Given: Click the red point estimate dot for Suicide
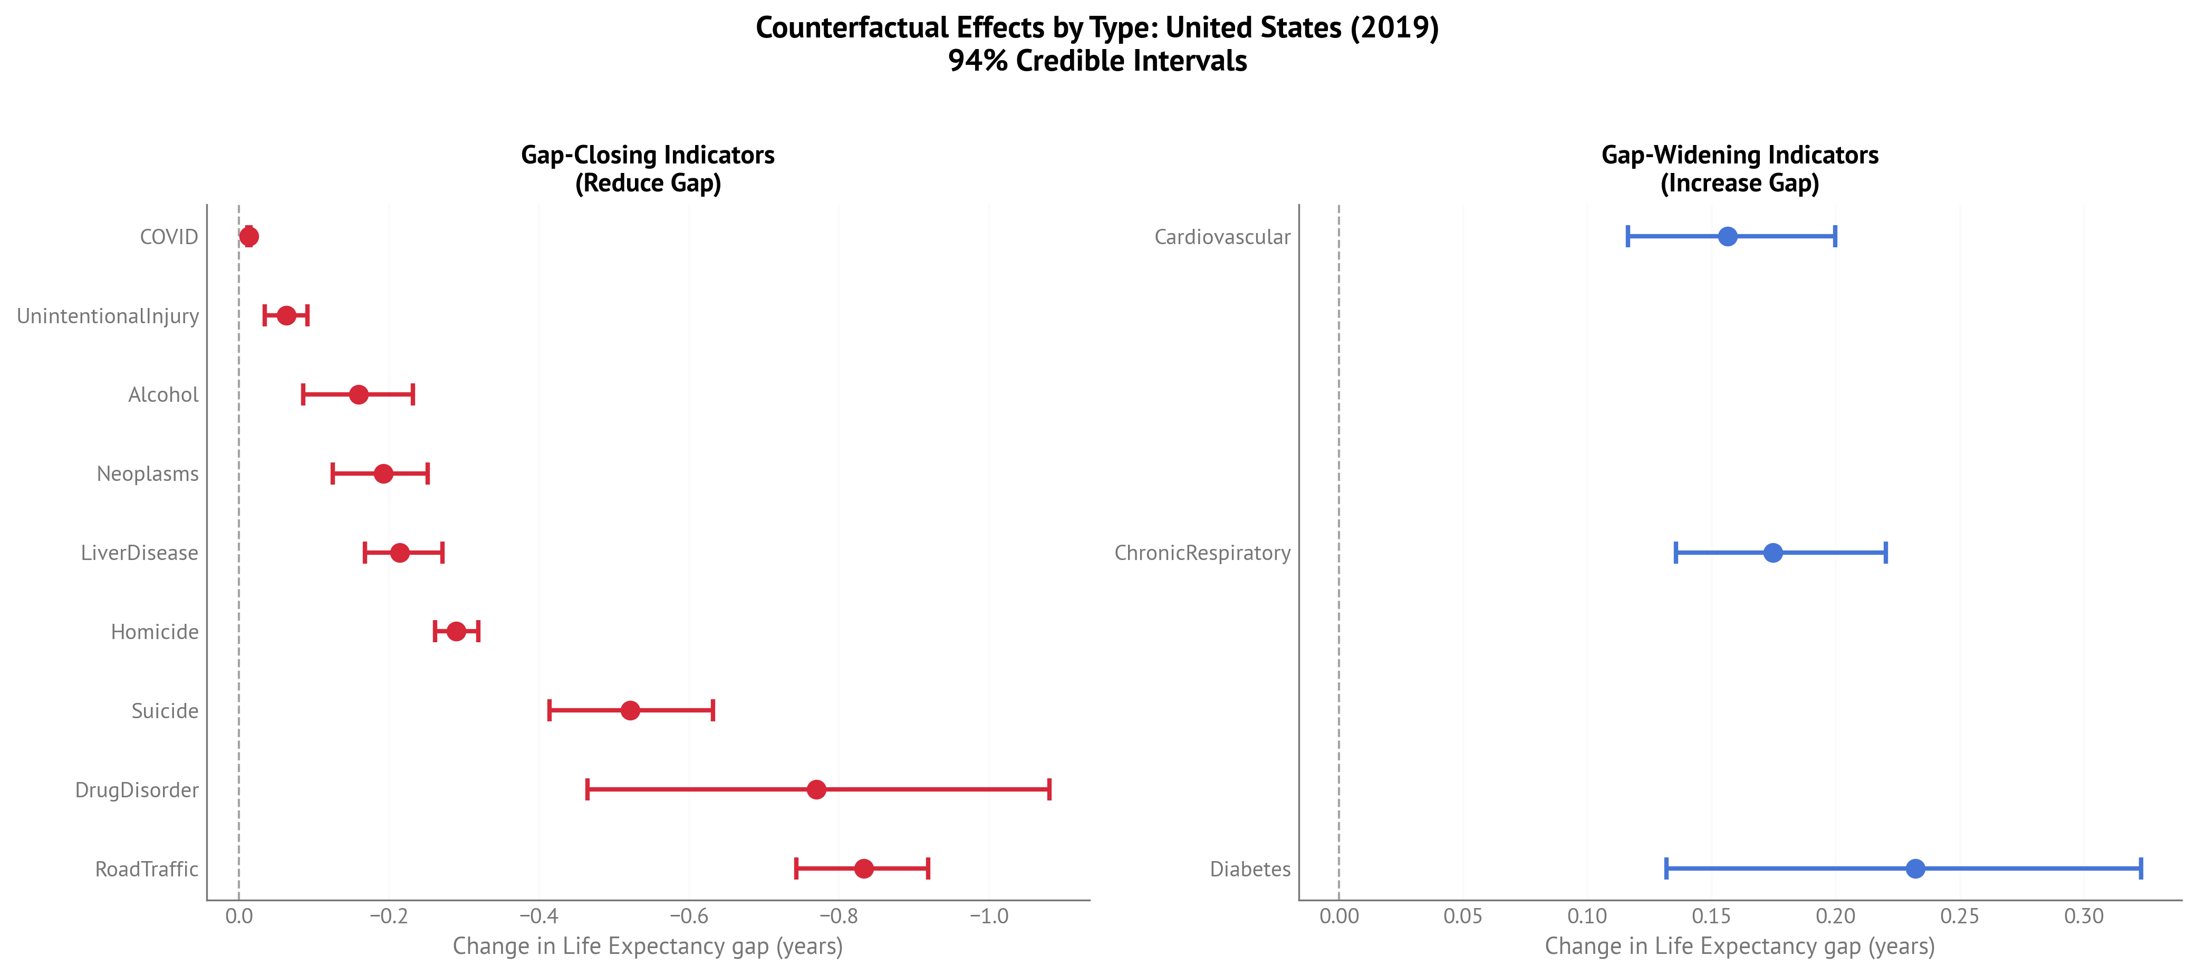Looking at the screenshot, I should [x=630, y=711].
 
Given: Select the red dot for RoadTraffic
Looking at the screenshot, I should [x=863, y=868].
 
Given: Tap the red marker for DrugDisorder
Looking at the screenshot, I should [x=816, y=789].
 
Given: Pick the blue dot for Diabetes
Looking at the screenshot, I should [x=1915, y=868].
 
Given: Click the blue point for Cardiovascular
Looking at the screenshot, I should [x=1727, y=236].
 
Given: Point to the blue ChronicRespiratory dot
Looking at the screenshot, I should [x=1772, y=553].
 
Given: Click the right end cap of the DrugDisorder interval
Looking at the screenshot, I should [x=1048, y=789].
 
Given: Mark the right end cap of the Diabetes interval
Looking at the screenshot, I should [x=2140, y=868].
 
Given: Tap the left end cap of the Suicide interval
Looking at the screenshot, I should [x=550, y=711].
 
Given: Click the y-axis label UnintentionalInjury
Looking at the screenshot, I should [x=108, y=316].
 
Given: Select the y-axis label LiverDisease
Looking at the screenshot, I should [x=139, y=553].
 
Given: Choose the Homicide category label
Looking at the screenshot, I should [x=155, y=632].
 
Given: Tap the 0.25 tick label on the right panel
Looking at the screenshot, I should [x=1959, y=917].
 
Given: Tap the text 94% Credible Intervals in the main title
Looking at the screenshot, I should [x=1097, y=61].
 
